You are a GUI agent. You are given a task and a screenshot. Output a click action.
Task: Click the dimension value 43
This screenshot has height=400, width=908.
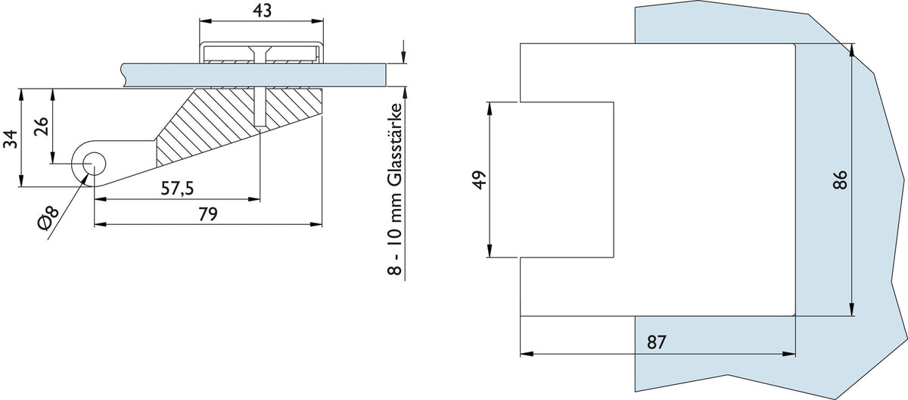pyautogui.click(x=262, y=11)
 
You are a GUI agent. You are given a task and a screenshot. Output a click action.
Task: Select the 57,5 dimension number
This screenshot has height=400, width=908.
pyautogui.click(x=178, y=188)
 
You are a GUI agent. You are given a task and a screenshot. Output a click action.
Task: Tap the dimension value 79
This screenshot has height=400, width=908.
pyautogui.click(x=208, y=214)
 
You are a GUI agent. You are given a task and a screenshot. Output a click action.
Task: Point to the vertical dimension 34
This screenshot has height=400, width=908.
pyautogui.click(x=11, y=139)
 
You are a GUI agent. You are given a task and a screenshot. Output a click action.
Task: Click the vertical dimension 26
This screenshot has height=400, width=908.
pyautogui.click(x=41, y=127)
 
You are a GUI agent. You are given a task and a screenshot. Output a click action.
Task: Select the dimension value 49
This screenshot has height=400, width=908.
pyautogui.click(x=480, y=180)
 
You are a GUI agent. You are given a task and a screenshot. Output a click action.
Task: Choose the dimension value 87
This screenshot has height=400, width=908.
pyautogui.click(x=656, y=342)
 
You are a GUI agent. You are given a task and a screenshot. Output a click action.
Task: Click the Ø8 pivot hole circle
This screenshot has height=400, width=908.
pyautogui.click(x=94, y=164)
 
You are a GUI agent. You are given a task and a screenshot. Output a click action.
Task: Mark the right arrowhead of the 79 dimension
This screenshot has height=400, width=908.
pyautogui.click(x=316, y=224)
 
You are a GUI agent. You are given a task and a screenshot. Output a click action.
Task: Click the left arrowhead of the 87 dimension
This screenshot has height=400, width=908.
pyautogui.click(x=527, y=354)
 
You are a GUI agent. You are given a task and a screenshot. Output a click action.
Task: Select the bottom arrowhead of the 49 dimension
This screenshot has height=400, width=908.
pyautogui.click(x=490, y=251)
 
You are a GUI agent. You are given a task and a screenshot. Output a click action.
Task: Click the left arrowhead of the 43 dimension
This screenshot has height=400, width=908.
pyautogui.click(x=206, y=20)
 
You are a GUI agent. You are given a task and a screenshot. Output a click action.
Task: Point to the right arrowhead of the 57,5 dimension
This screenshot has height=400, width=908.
pyautogui.click(x=253, y=199)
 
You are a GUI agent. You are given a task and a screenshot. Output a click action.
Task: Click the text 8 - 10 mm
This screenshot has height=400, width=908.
pyautogui.click(x=395, y=237)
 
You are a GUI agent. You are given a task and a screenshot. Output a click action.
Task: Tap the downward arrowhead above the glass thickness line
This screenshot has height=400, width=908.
pyautogui.click(x=403, y=58)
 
